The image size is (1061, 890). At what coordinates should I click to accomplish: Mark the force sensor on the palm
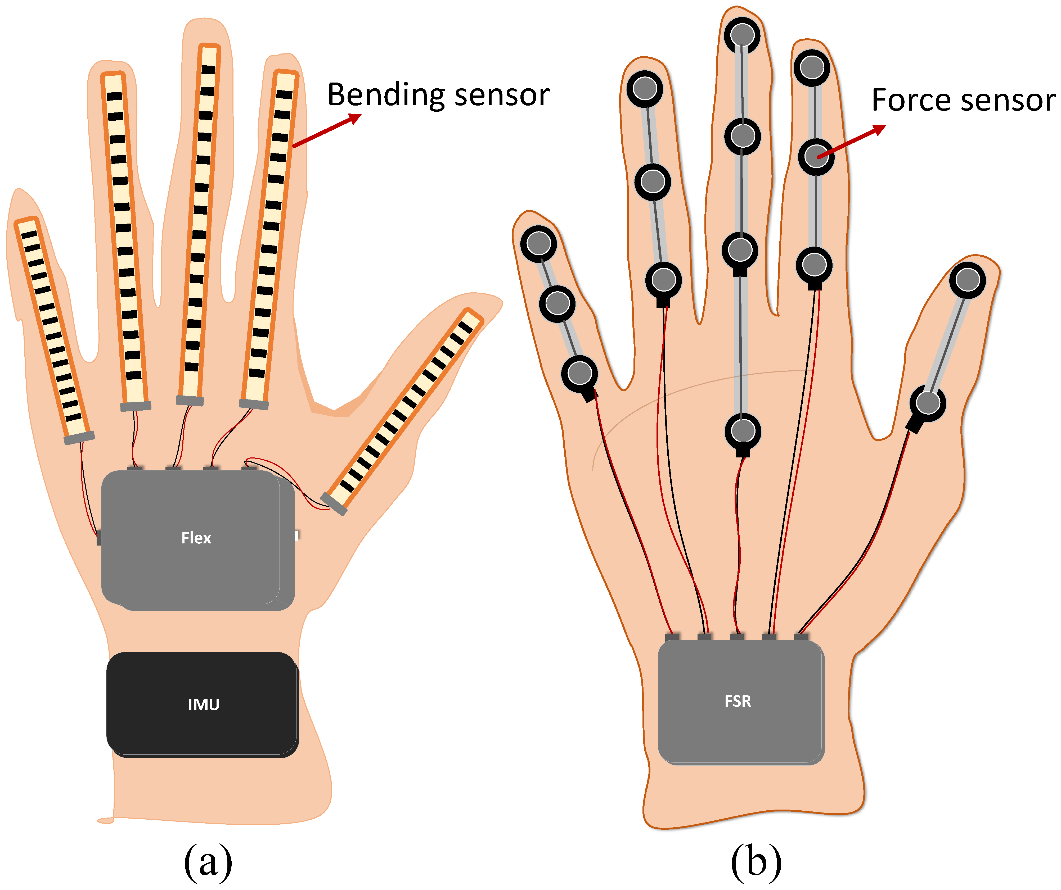742,431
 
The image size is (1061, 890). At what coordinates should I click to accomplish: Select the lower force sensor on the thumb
928,403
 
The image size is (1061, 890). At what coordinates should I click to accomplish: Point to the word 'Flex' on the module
196,538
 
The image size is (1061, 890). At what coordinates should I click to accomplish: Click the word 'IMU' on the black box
204,704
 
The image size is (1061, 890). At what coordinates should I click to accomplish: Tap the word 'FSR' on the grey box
738,701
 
